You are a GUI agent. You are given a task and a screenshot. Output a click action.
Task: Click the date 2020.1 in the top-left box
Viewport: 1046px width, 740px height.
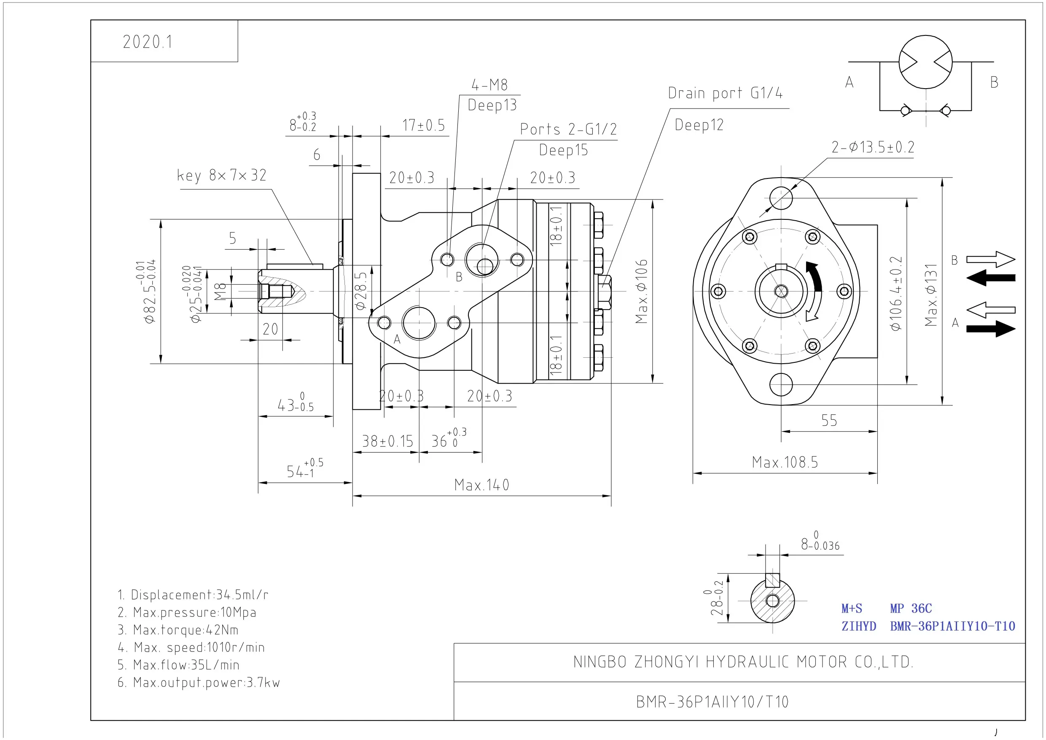pos(148,42)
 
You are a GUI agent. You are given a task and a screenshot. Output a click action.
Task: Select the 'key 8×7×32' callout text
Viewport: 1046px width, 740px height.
pos(221,176)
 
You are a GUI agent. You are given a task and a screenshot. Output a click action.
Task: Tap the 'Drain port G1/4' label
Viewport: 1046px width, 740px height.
pos(725,93)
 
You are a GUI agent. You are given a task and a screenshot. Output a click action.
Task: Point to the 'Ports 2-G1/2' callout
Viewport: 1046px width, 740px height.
pos(569,129)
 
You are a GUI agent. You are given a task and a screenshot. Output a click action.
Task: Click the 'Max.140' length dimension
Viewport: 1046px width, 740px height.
pos(481,485)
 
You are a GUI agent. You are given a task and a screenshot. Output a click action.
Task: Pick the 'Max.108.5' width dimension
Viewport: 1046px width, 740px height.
pos(785,462)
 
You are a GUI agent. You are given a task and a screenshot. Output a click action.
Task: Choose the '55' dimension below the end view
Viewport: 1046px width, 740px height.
pos(829,420)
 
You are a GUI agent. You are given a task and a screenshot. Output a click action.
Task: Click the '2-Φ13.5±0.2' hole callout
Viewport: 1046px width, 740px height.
pos(873,147)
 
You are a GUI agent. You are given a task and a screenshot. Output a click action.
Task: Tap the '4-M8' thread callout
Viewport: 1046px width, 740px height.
pos(489,85)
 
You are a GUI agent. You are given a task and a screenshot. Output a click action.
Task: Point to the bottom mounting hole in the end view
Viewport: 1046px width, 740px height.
pos(781,384)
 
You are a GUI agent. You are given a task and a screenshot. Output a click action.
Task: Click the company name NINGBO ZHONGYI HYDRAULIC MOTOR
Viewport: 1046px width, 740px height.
pos(743,662)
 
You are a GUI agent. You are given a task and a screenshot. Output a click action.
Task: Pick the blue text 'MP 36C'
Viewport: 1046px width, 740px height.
pos(911,609)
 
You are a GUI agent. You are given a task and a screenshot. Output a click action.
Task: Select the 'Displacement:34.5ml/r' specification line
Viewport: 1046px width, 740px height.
pos(193,594)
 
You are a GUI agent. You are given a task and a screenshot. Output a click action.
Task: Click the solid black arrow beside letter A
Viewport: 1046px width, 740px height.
pos(991,329)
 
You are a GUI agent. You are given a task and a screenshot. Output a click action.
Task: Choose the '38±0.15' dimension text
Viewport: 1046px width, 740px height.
pos(387,441)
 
